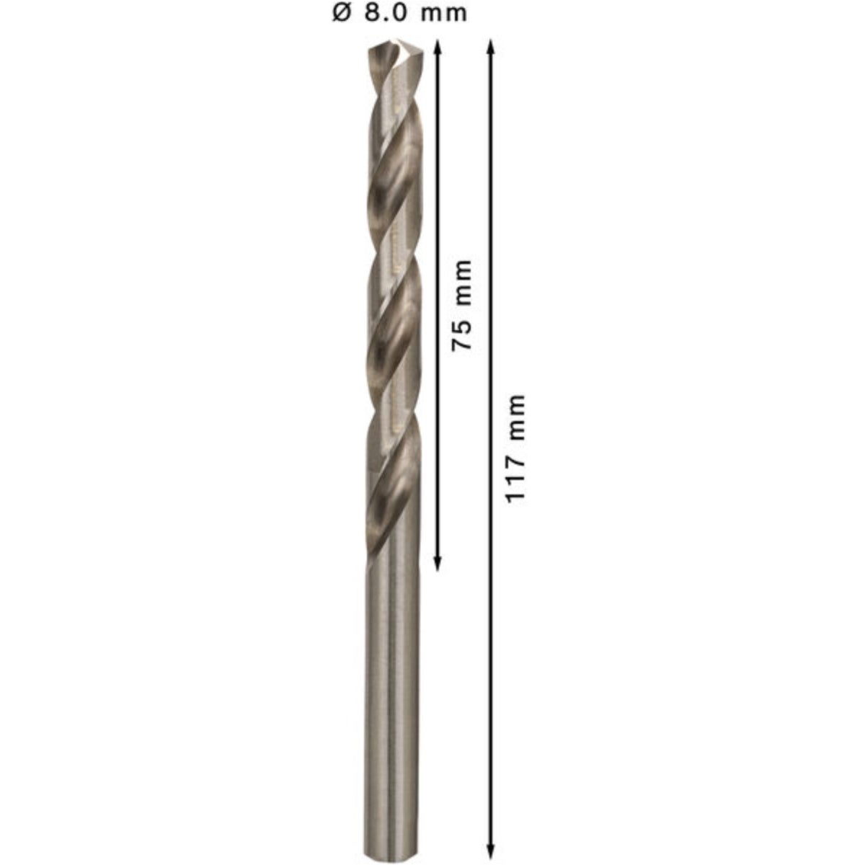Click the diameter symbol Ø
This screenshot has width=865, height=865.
pos(341,14)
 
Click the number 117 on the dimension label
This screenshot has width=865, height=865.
pos(515,480)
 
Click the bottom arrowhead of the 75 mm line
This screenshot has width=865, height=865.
pos(438,564)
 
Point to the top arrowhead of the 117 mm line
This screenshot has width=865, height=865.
pos(491,46)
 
